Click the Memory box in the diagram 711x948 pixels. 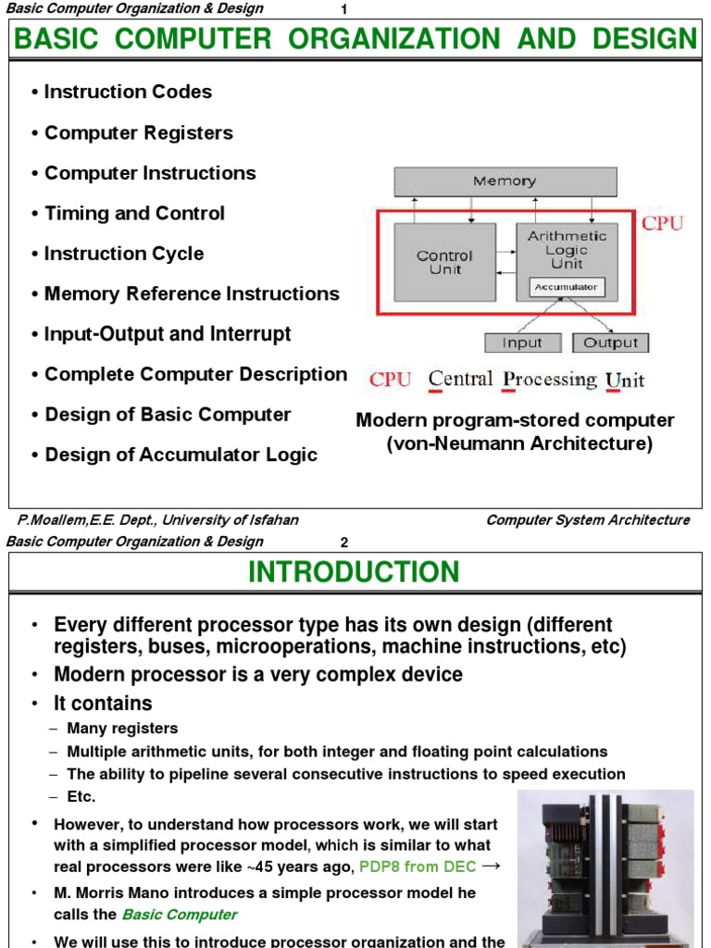pos(505,181)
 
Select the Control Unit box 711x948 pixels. pos(444,262)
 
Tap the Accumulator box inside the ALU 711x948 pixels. pos(567,288)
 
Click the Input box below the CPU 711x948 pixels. pos(522,343)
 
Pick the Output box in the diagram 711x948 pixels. pos(610,343)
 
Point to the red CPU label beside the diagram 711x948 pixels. pos(662,223)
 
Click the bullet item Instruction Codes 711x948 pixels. pos(128,92)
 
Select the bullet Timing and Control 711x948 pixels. pos(134,213)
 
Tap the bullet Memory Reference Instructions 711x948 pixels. pos(192,293)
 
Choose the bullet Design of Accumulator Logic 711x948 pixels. pos(181,455)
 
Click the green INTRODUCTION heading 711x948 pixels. pos(354,572)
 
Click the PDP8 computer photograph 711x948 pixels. pos(605,868)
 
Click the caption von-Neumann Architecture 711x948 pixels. pos(518,444)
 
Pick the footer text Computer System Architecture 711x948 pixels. pos(588,520)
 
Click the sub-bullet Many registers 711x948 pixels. pos(122,729)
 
